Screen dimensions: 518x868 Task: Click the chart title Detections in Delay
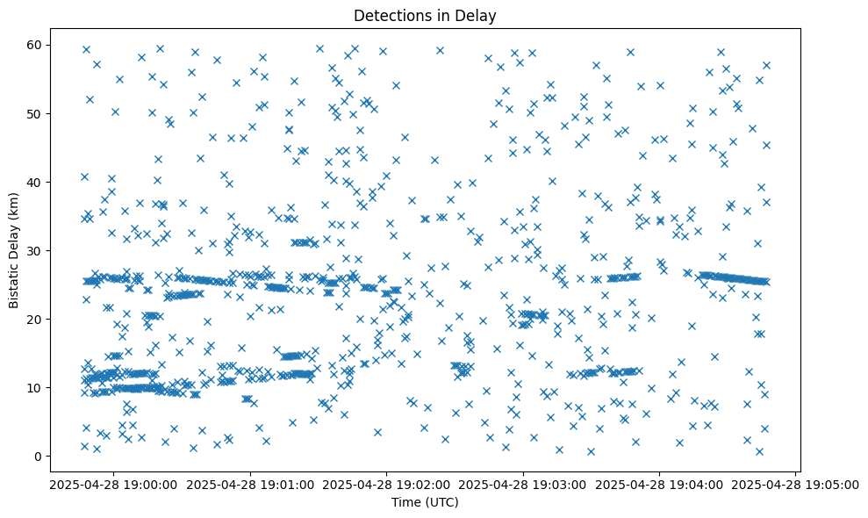(424, 15)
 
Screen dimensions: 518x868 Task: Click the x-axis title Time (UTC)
(424, 502)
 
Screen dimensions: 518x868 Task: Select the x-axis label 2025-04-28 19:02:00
(385, 484)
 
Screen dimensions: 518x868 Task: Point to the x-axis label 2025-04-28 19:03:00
(523, 484)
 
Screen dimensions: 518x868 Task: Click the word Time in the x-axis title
(405, 502)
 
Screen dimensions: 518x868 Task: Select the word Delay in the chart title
(475, 15)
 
